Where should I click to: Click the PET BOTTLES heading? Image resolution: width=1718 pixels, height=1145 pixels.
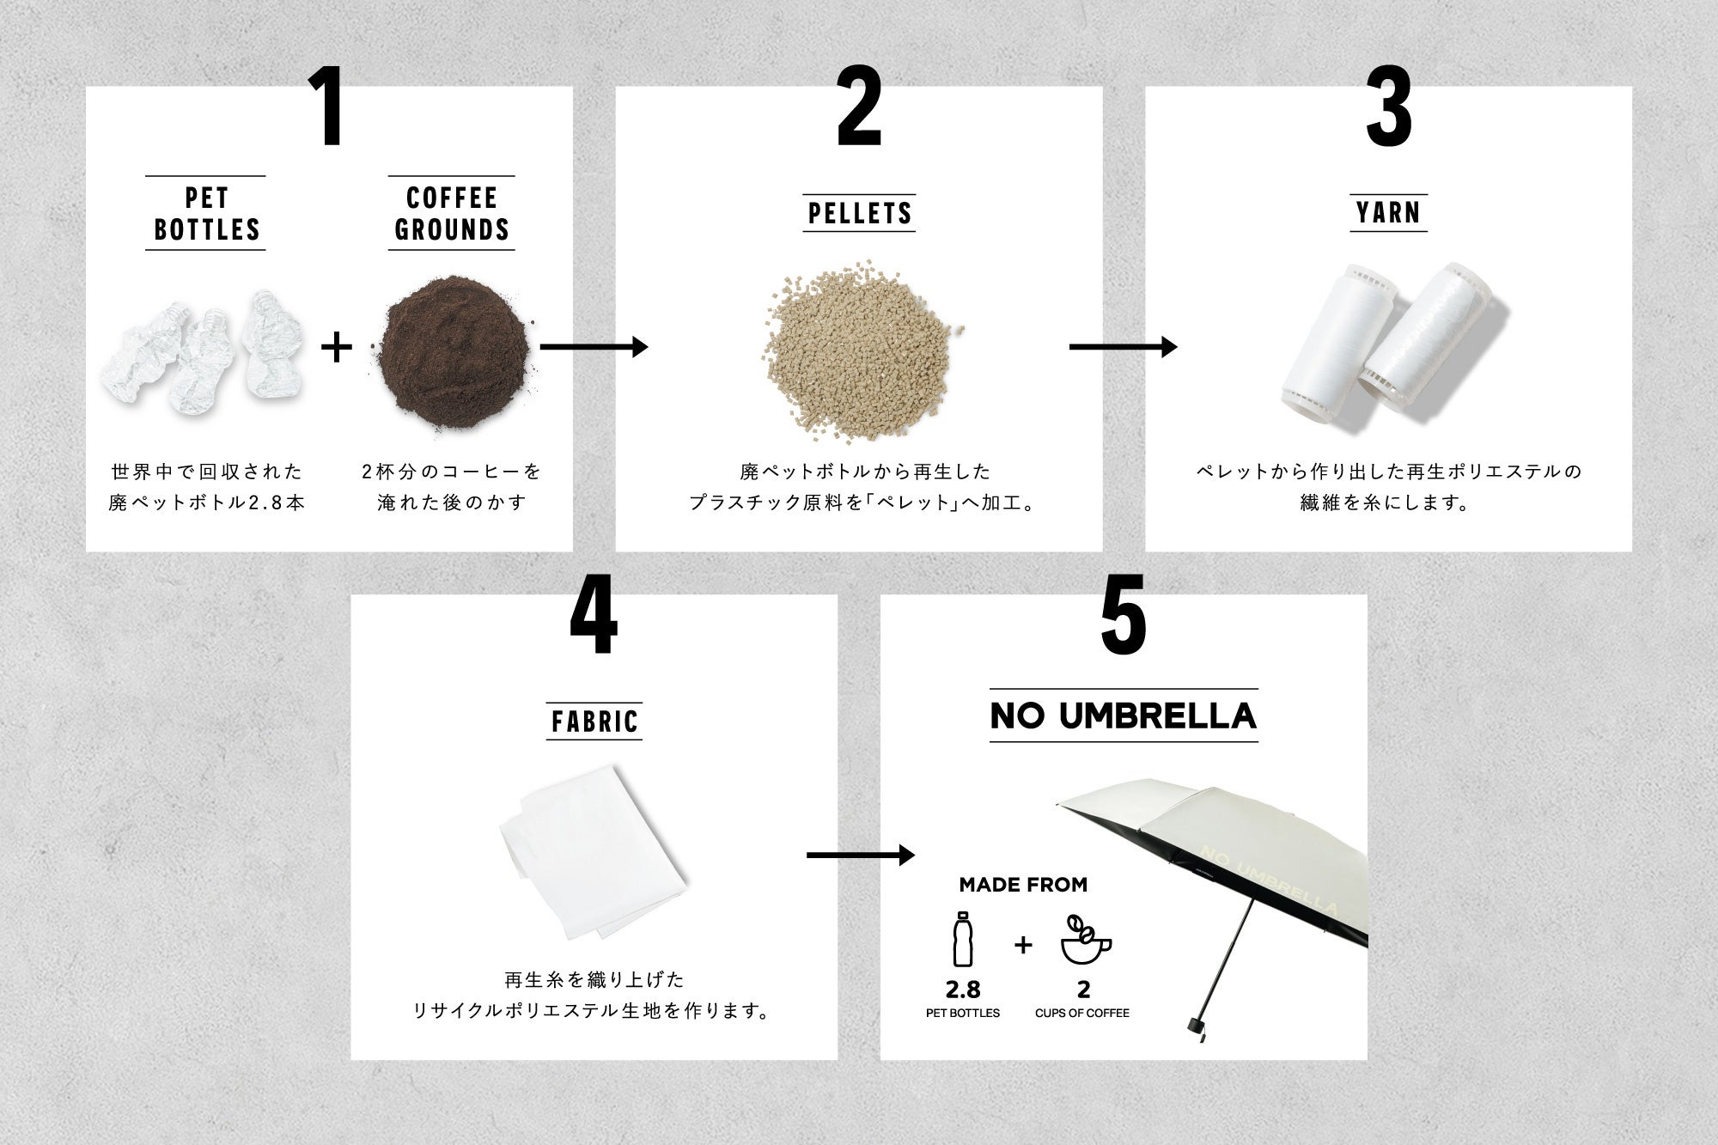tap(205, 214)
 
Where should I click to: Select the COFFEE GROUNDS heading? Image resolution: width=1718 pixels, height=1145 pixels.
tap(451, 214)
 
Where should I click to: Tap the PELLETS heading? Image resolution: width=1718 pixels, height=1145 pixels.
tap(860, 213)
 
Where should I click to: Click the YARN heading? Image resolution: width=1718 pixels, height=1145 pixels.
tap(1388, 212)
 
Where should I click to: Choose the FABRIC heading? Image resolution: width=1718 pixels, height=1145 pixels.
tap(595, 721)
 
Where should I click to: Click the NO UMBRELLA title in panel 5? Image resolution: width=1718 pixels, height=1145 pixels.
tap(1124, 716)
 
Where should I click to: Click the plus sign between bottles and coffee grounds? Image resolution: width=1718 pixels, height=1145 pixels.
tap(336, 347)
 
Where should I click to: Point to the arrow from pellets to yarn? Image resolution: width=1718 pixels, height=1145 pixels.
tap(1123, 347)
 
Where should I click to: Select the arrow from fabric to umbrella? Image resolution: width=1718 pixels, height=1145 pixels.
tap(861, 855)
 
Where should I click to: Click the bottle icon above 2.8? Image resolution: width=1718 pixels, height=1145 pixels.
tap(963, 940)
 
